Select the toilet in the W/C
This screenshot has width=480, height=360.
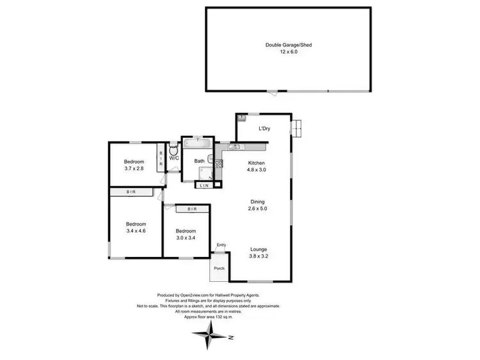(173, 151)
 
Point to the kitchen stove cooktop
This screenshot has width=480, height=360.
(218, 165)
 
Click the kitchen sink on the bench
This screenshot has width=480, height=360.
(234, 147)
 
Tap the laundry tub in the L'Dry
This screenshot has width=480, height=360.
(242, 119)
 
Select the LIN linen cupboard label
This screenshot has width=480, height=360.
(204, 186)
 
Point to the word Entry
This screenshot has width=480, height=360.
(221, 245)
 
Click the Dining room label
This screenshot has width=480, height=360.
(258, 201)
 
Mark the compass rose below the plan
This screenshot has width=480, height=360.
(212, 334)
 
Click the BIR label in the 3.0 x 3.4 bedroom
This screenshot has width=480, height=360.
(191, 209)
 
